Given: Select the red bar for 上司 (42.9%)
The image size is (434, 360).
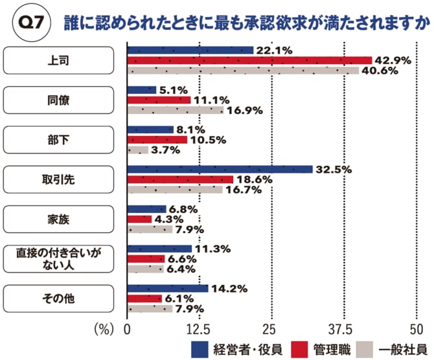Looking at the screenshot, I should pyautogui.click(x=249, y=60).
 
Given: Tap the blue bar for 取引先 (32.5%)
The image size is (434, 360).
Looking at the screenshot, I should pyautogui.click(x=220, y=170).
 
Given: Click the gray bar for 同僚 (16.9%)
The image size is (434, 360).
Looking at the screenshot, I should pyautogui.click(x=175, y=111).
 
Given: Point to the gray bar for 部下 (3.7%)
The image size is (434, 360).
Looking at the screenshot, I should pyautogui.click(x=138, y=150).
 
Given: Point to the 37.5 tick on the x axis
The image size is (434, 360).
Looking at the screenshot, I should pyautogui.click(x=341, y=328).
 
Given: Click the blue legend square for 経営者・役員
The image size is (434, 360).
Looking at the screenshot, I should pyautogui.click(x=201, y=350).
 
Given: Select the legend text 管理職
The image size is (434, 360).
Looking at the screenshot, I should pyautogui.click(x=326, y=350).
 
